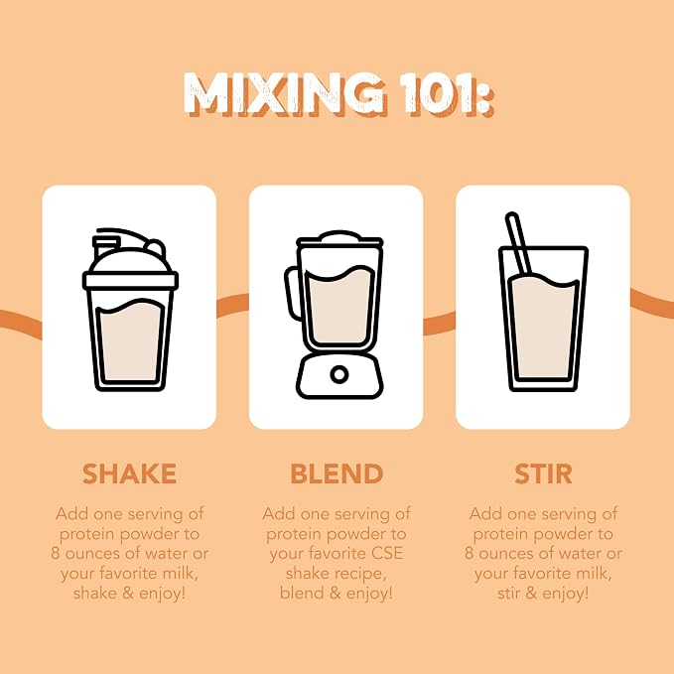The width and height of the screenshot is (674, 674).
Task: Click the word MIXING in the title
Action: [x=285, y=94]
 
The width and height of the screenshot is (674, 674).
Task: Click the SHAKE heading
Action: [x=129, y=473]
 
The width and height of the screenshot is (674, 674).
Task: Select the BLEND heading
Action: [x=337, y=473]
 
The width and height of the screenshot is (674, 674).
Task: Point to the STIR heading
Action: [x=543, y=473]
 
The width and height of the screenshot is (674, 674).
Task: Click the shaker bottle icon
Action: [x=130, y=310]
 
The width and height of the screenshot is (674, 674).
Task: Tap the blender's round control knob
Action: [x=339, y=374]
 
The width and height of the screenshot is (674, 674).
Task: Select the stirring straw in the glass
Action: [x=519, y=243]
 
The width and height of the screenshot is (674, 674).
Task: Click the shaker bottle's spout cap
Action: [x=105, y=245]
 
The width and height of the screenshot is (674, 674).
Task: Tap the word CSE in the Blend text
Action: [x=388, y=553]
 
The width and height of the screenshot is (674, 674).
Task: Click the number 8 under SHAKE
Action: [x=55, y=553]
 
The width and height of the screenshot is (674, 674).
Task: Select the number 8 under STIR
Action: [x=469, y=553]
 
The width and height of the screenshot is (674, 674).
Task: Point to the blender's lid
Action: [x=339, y=239]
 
